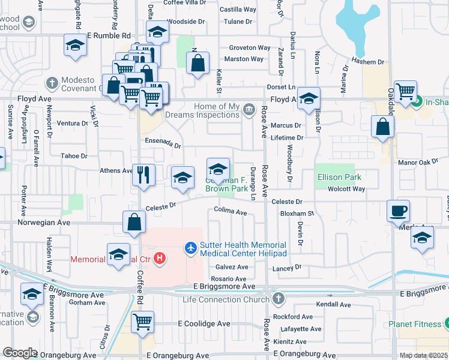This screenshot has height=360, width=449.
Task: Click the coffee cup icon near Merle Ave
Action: point(399,211)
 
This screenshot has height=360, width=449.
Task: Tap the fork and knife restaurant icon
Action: point(143,175)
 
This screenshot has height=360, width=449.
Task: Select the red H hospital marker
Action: point(160,259)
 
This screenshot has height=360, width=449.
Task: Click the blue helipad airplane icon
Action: point(191,247)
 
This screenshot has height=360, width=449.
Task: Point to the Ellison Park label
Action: point(339,177)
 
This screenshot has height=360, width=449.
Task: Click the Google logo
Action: point(20,353)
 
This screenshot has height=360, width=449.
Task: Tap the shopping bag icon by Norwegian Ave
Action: point(134,221)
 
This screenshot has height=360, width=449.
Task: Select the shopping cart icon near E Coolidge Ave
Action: point(143,322)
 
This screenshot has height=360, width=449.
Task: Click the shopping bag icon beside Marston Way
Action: point(197,62)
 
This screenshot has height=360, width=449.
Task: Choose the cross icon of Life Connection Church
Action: point(277,299)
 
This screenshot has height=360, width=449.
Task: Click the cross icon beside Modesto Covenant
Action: point(52,82)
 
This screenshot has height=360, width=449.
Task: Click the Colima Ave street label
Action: point(231,212)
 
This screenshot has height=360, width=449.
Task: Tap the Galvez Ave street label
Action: point(231,267)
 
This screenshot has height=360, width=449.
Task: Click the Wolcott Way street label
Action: point(346,189)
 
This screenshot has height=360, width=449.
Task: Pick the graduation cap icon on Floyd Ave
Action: point(309,98)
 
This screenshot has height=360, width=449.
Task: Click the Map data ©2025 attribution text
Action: point(424,355)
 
